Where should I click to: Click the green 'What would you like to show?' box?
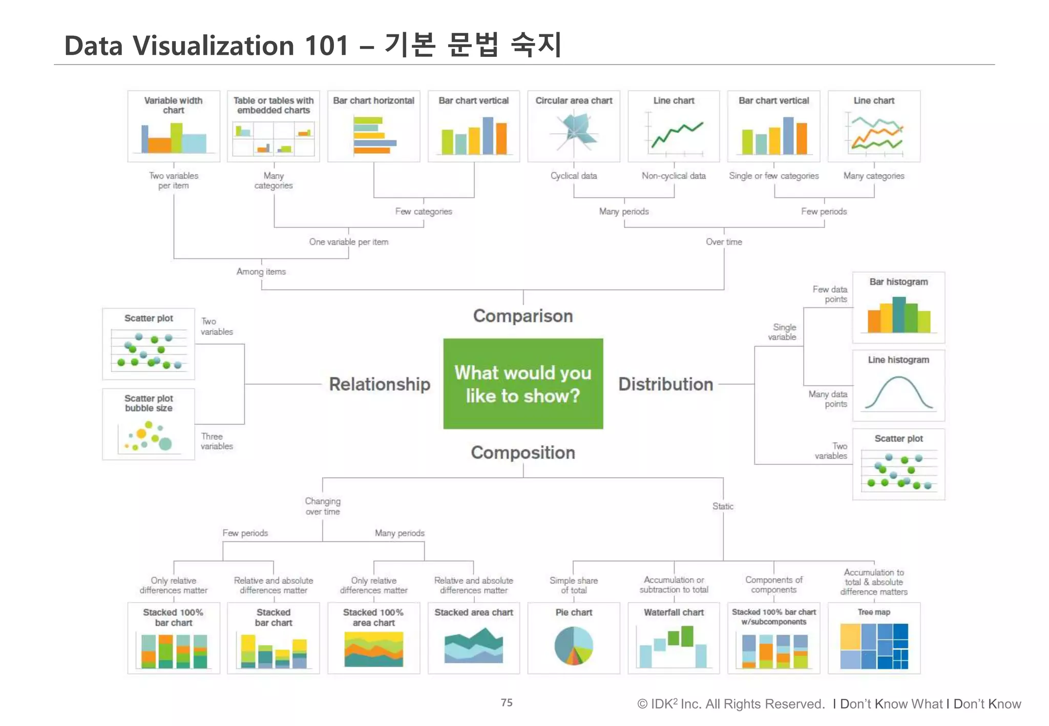coord(523,383)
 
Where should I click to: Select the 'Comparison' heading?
coord(523,316)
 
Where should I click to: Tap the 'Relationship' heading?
coord(380,384)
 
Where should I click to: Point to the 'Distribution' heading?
coord(665,384)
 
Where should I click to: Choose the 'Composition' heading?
coord(523,453)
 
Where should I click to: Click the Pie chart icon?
coord(574,646)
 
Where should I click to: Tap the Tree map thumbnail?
coord(874,646)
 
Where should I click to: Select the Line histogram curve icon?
coord(898,393)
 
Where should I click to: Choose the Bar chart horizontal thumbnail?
coord(374,135)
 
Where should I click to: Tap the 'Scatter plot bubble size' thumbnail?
coord(149,435)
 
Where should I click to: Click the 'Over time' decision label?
coord(724,242)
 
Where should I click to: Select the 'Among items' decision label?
coord(261,271)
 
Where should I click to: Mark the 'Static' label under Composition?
coord(723,506)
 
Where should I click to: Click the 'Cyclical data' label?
coord(574,176)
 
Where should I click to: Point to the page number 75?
coord(507,702)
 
